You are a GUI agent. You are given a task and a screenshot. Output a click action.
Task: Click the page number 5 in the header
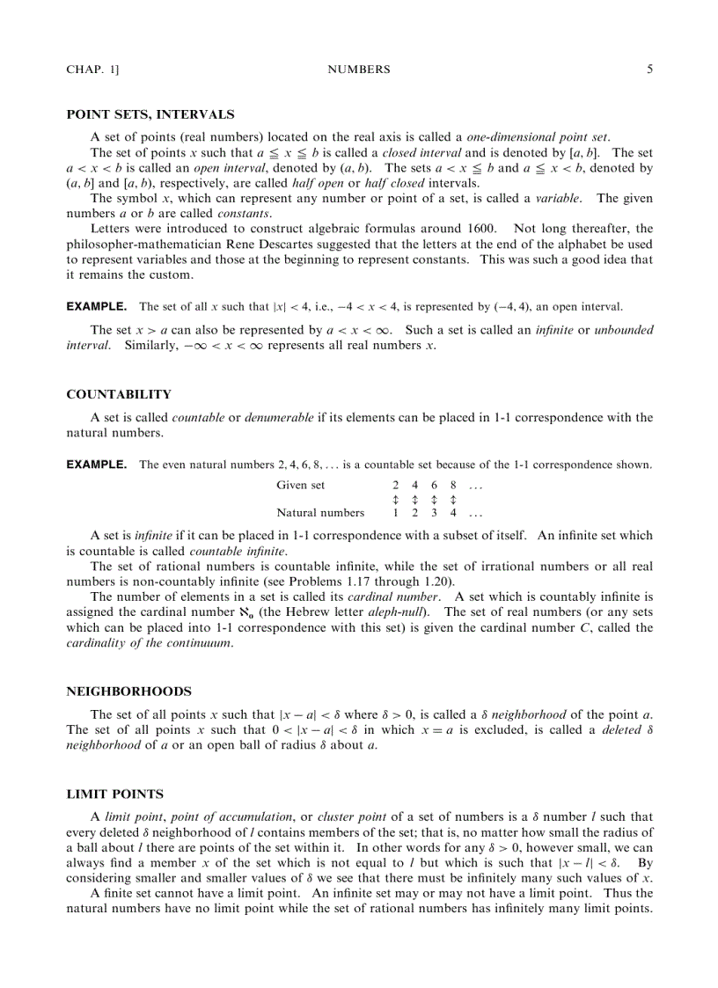[649, 69]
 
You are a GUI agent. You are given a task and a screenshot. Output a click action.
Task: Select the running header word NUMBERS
[358, 70]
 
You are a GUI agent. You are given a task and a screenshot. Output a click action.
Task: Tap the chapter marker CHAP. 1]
[92, 70]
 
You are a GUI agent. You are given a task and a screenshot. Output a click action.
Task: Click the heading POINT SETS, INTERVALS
[150, 114]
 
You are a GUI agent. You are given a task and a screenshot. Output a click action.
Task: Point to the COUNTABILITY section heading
[119, 394]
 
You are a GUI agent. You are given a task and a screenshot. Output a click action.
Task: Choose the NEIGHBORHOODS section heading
[128, 692]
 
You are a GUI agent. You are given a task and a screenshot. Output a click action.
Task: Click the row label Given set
[300, 486]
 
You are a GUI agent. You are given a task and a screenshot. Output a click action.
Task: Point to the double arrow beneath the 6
[434, 500]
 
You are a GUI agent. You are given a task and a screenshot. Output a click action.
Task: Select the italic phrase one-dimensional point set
[537, 137]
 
